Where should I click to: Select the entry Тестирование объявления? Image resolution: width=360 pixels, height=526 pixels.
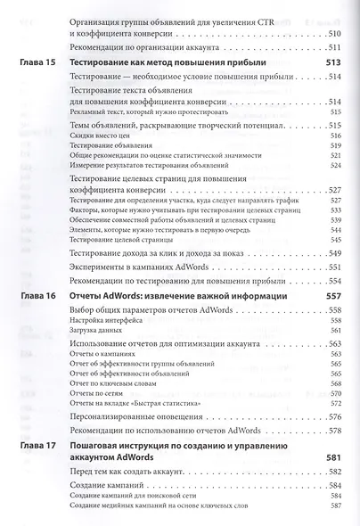point(104,144)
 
